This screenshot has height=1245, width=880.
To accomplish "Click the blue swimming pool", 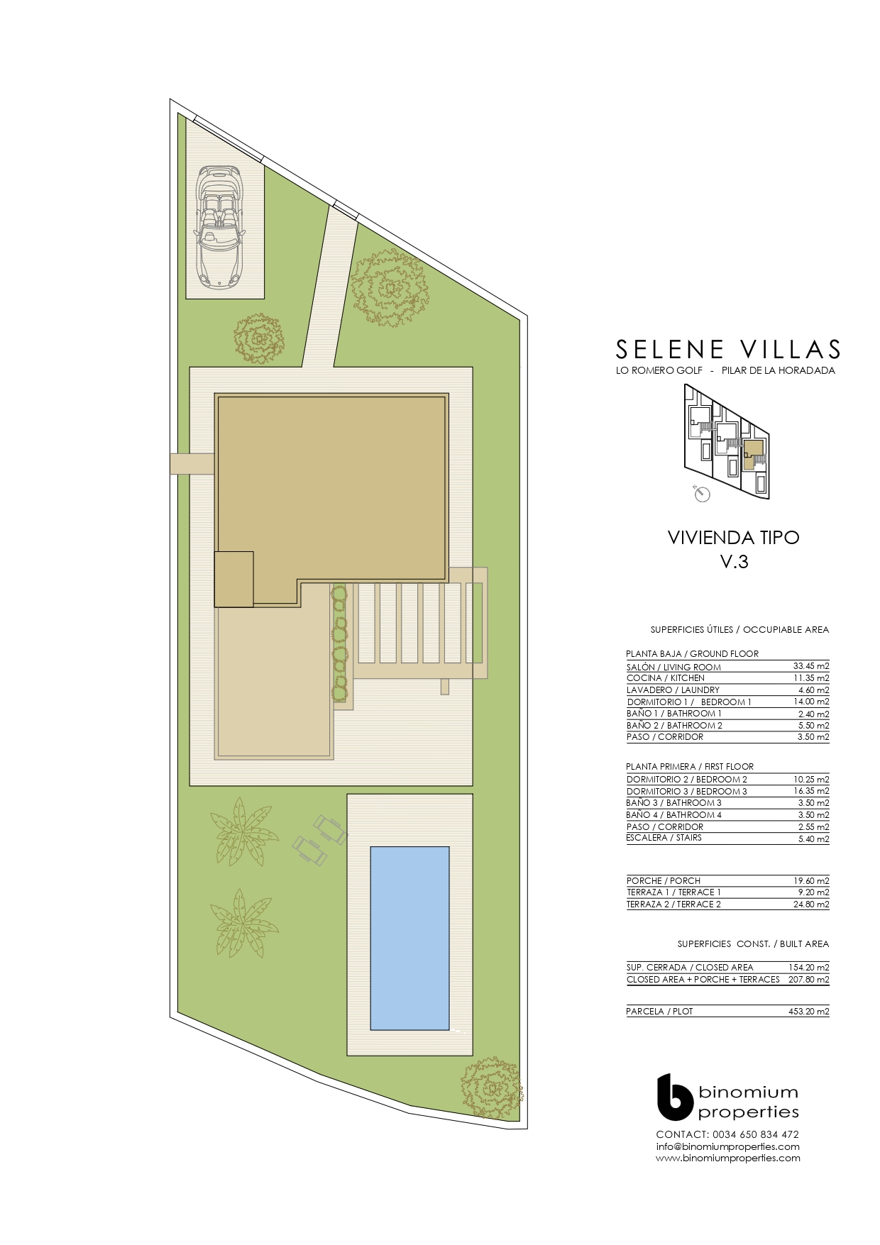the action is point(410,938).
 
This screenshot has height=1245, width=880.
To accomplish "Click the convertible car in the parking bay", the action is point(219,227).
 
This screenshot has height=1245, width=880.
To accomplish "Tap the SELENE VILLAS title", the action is point(729,349).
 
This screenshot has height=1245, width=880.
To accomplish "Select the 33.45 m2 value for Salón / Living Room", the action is point(811,666).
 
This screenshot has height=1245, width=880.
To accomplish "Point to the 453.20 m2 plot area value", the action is point(809,1012).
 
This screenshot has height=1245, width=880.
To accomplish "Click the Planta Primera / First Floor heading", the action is point(690,767).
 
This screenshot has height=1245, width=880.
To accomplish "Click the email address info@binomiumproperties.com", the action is point(728,1146).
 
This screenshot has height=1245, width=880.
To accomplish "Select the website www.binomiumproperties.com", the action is point(728,1158).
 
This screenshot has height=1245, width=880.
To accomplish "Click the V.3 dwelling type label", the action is point(735,562).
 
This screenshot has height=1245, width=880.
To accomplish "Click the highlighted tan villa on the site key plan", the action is point(754,453).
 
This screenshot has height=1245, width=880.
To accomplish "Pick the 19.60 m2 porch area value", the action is point(811,881).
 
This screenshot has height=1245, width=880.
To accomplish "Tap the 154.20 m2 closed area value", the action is point(809,968).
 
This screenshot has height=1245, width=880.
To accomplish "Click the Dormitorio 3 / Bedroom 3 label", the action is point(687,792).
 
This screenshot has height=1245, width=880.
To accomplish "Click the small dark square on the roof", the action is point(234,580).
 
